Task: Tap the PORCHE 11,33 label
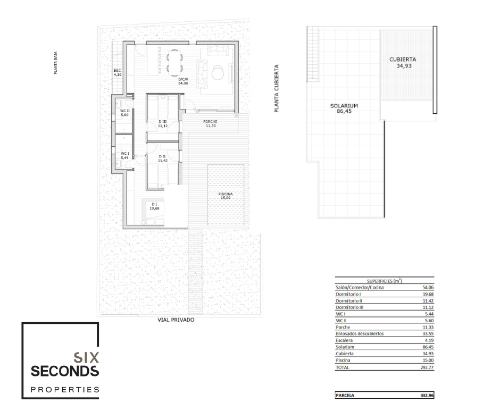[211, 124]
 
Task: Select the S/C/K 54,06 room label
[183, 81]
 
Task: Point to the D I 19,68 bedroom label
[154, 206]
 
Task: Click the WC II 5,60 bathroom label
[124, 113]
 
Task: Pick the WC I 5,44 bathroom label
[124, 156]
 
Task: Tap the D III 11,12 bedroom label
[163, 124]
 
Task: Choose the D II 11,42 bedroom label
[163, 158]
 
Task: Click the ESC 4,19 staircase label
[118, 73]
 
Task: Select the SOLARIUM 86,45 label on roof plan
[344, 108]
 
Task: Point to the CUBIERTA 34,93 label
[403, 63]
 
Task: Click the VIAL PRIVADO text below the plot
[176, 320]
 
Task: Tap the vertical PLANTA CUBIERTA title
[277, 88]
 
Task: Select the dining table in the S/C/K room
[175, 62]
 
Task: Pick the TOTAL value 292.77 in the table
[427, 367]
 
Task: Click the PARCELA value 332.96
[427, 396]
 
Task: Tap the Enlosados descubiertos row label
[360, 334]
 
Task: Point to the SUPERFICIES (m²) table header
[384, 281]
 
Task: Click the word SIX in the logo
[86, 358]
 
